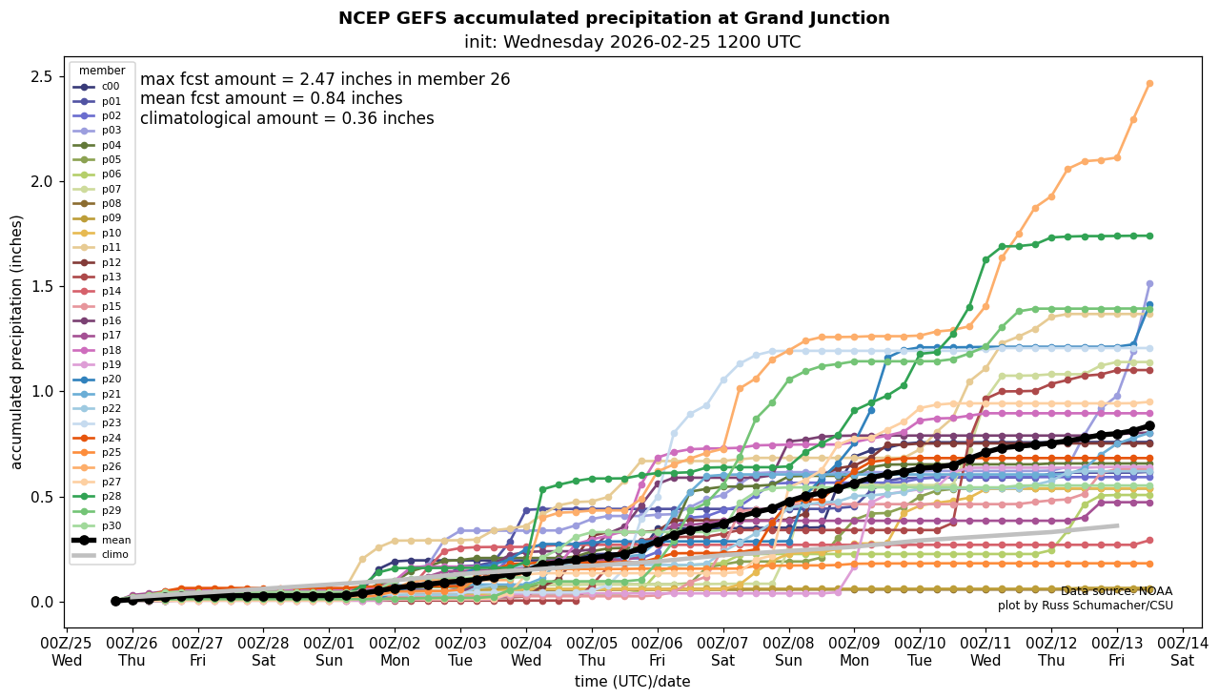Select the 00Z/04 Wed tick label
[x=526, y=651]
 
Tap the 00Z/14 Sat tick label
[x=1183, y=651]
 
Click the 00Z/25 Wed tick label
[x=67, y=651]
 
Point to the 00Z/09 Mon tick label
[x=855, y=651]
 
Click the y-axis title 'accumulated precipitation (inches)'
[x=16, y=341]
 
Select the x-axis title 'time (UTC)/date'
[x=632, y=682]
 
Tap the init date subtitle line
[x=632, y=42]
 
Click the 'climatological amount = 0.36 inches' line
[x=287, y=119]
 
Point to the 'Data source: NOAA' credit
[x=1116, y=591]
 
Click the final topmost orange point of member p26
[x=1149, y=84]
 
